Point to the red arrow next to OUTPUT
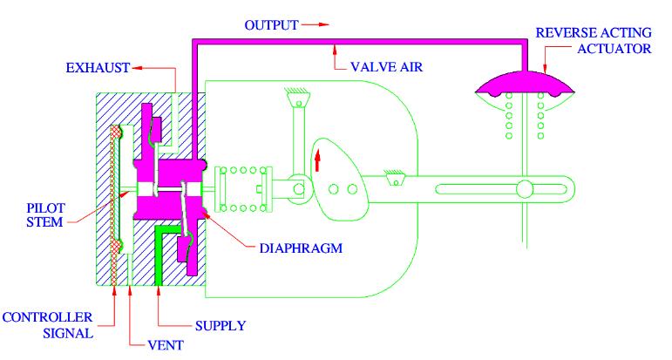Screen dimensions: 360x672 tap(315, 25)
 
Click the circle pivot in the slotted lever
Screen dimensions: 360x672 tap(525, 189)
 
